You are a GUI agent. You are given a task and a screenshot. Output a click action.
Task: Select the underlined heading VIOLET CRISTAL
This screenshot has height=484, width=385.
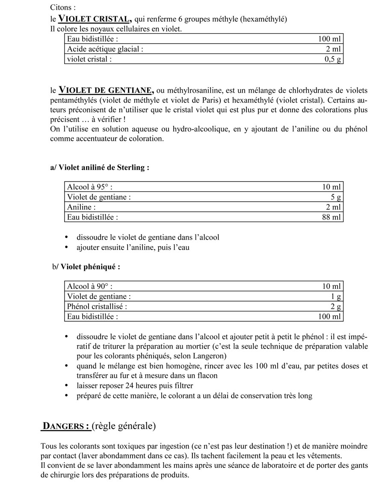pos(94,19)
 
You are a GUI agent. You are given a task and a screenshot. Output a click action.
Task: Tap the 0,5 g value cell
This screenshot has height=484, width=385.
pos(333,59)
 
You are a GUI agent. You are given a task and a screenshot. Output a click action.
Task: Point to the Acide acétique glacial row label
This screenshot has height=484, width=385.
pos(105,49)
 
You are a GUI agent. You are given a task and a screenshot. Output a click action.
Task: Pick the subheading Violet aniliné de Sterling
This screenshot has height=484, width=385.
pos(100,167)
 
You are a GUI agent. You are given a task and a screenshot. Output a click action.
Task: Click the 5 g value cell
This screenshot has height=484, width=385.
pos(336,197)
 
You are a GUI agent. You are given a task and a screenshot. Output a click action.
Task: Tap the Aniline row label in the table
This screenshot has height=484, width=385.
pos(81,207)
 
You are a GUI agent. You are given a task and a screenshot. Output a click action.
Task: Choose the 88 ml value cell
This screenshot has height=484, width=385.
pos(332,217)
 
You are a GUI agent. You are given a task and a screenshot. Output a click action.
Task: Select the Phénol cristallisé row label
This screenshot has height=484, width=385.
pos(97,307)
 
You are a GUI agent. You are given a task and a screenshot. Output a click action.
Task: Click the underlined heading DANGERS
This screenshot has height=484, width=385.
pos(66,426)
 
